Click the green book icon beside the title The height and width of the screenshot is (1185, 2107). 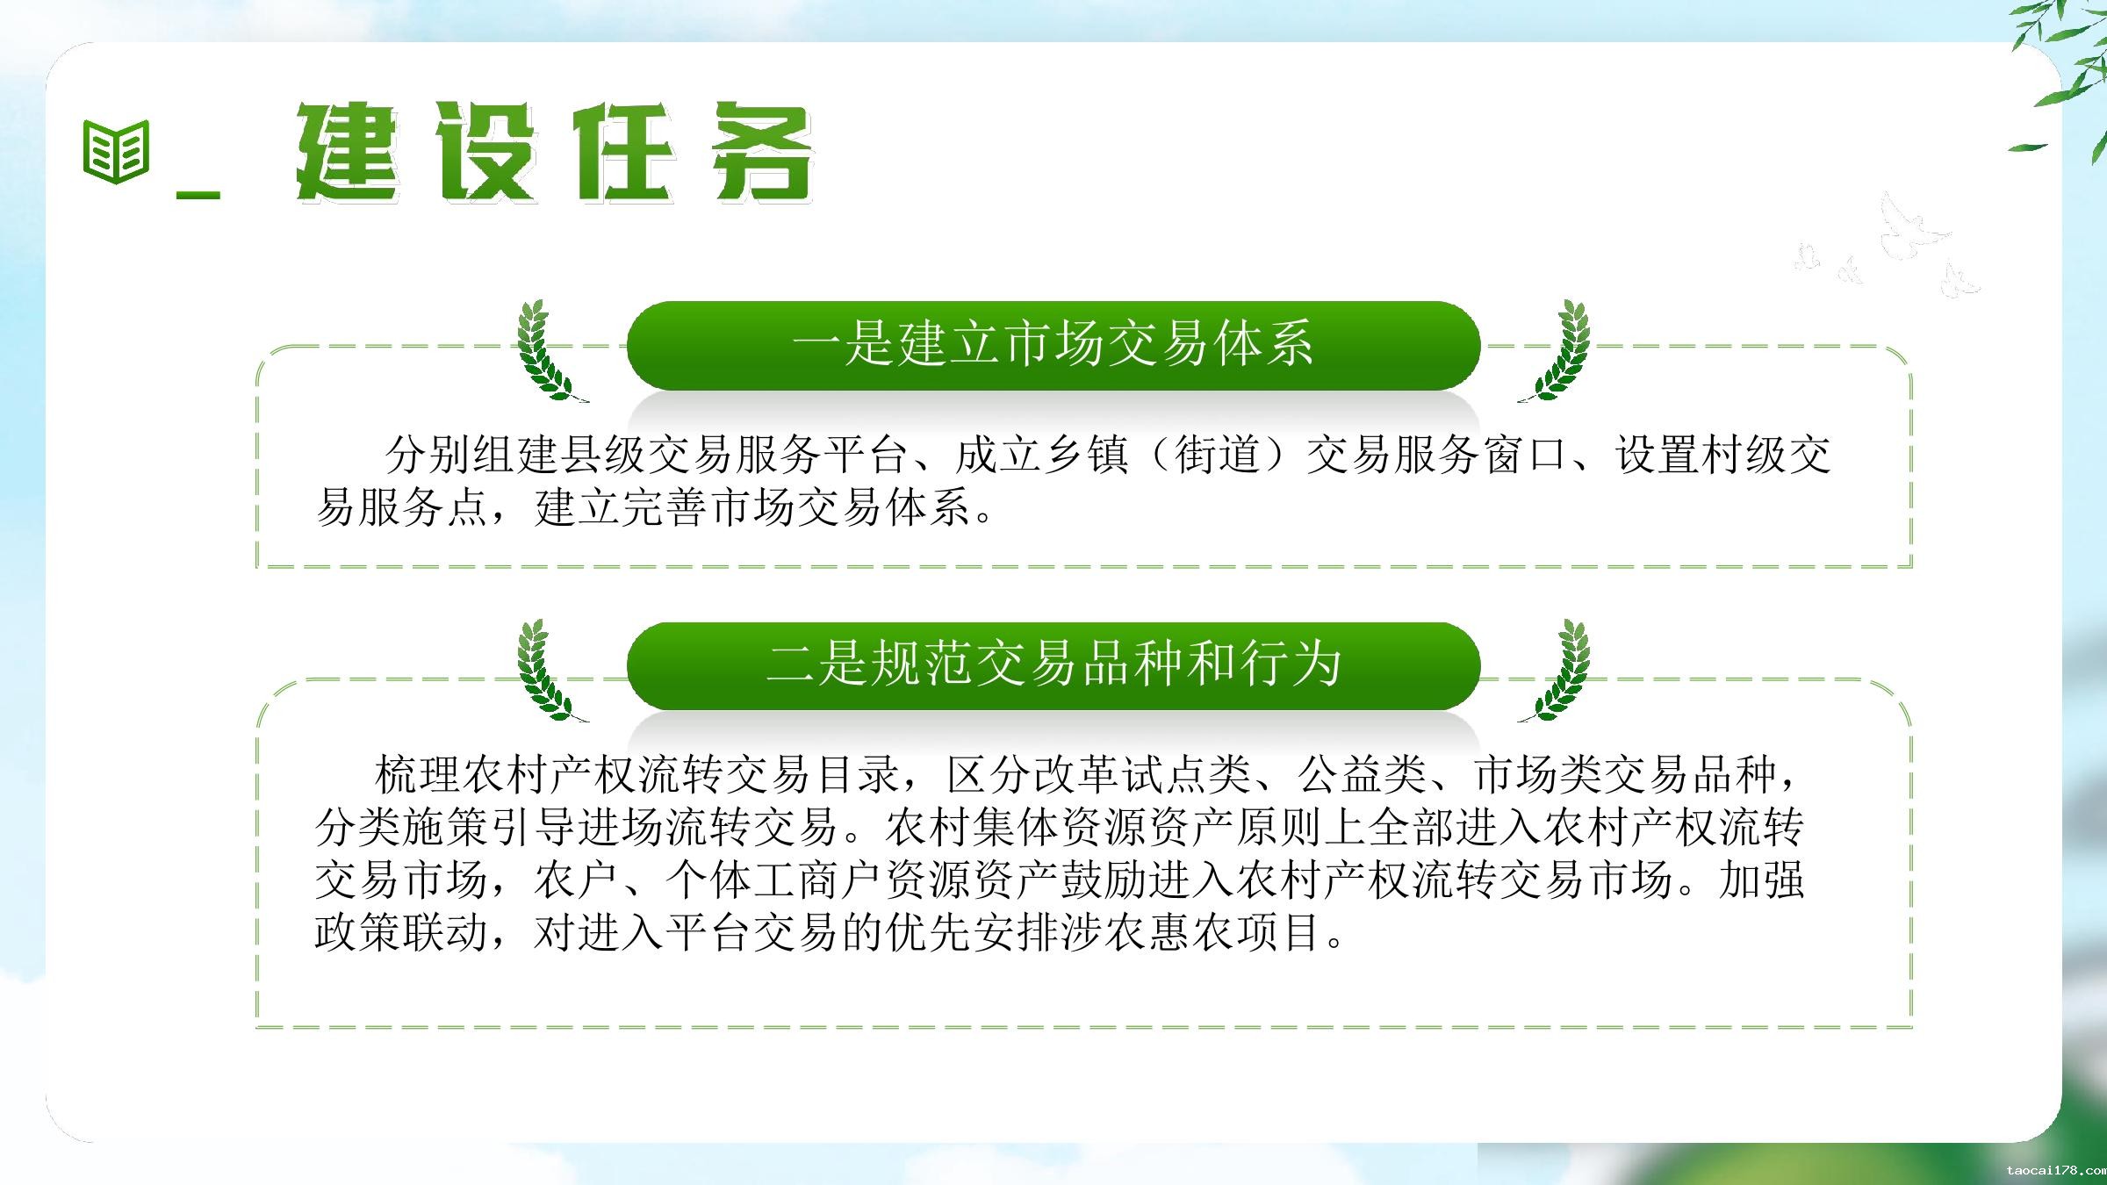116,152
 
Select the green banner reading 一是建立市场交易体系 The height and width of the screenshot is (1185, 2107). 1053,345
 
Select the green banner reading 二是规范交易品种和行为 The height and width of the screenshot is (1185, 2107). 1053,665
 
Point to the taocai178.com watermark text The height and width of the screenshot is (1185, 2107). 2056,1171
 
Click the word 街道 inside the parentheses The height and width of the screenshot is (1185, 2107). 1217,455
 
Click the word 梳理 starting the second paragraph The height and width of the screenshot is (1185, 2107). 418,774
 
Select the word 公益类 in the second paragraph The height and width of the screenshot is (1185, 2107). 1362,774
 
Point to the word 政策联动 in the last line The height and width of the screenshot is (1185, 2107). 401,933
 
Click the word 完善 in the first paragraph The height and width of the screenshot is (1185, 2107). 665,507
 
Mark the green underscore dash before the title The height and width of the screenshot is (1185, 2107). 198,194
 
